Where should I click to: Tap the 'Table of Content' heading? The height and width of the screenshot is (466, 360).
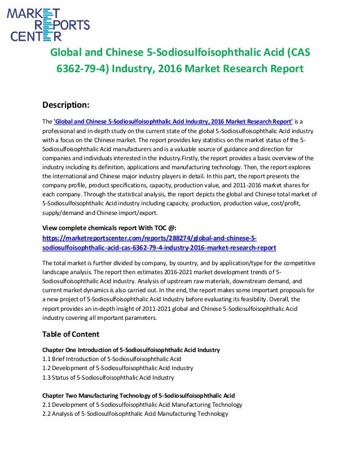pyautogui.click(x=71, y=333)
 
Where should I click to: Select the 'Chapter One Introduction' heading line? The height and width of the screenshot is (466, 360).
pyautogui.click(x=131, y=350)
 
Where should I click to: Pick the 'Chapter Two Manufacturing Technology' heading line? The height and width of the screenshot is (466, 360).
pyautogui.click(x=138, y=395)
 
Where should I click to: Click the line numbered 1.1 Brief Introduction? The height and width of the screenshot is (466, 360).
pyautogui.click(x=112, y=359)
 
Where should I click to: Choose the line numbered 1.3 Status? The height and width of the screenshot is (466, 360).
pyautogui.click(x=108, y=377)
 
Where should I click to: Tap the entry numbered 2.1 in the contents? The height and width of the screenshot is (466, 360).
pyautogui.click(x=142, y=405)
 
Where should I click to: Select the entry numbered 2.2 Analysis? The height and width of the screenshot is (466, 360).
pyautogui.click(x=135, y=414)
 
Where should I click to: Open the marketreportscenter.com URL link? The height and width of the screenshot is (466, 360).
pyautogui.click(x=159, y=243)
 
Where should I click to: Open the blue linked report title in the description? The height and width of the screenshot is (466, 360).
pyautogui.click(x=173, y=121)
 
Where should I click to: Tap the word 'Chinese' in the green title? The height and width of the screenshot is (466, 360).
pyautogui.click(x=123, y=53)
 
